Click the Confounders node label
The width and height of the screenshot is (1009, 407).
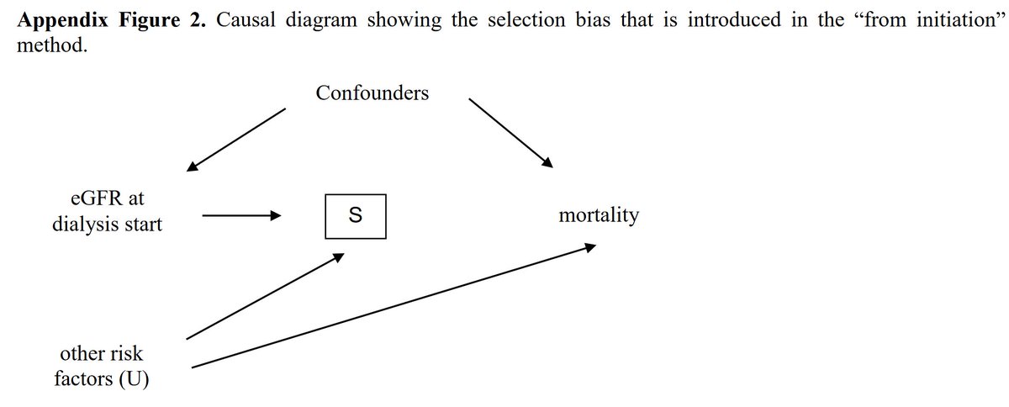click(372, 93)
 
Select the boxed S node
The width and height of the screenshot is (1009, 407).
click(356, 216)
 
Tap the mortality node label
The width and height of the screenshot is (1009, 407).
click(598, 216)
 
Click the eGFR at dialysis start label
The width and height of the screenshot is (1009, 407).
click(107, 212)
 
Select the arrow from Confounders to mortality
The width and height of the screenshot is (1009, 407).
click(510, 132)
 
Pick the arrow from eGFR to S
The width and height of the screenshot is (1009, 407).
click(240, 216)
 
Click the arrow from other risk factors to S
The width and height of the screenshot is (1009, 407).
click(264, 295)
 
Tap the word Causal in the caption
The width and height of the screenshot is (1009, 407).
click(246, 20)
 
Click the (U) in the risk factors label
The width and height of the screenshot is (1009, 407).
click(135, 379)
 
